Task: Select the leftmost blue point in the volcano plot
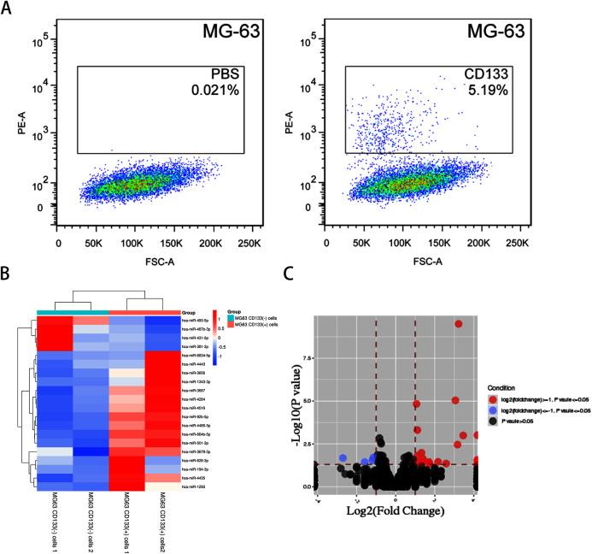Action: coord(343,457)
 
